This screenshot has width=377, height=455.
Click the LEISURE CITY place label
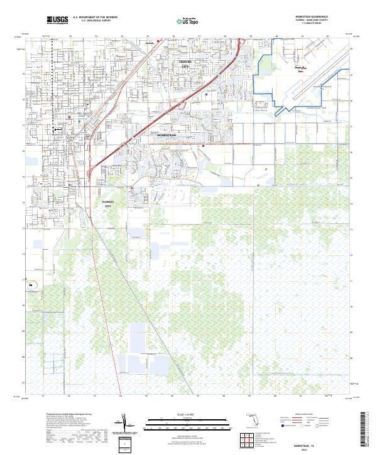[x=185, y=64]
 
